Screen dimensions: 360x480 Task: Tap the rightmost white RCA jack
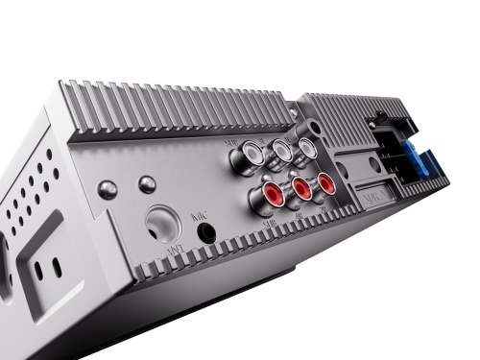pos(305,148)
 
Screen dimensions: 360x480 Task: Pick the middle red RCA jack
pos(301,187)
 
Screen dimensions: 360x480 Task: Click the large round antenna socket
pos(162,226)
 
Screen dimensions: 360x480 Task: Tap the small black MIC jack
pos(204,230)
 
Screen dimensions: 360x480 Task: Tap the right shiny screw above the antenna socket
pos(146,182)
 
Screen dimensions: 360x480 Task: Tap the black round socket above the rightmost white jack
pos(315,129)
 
